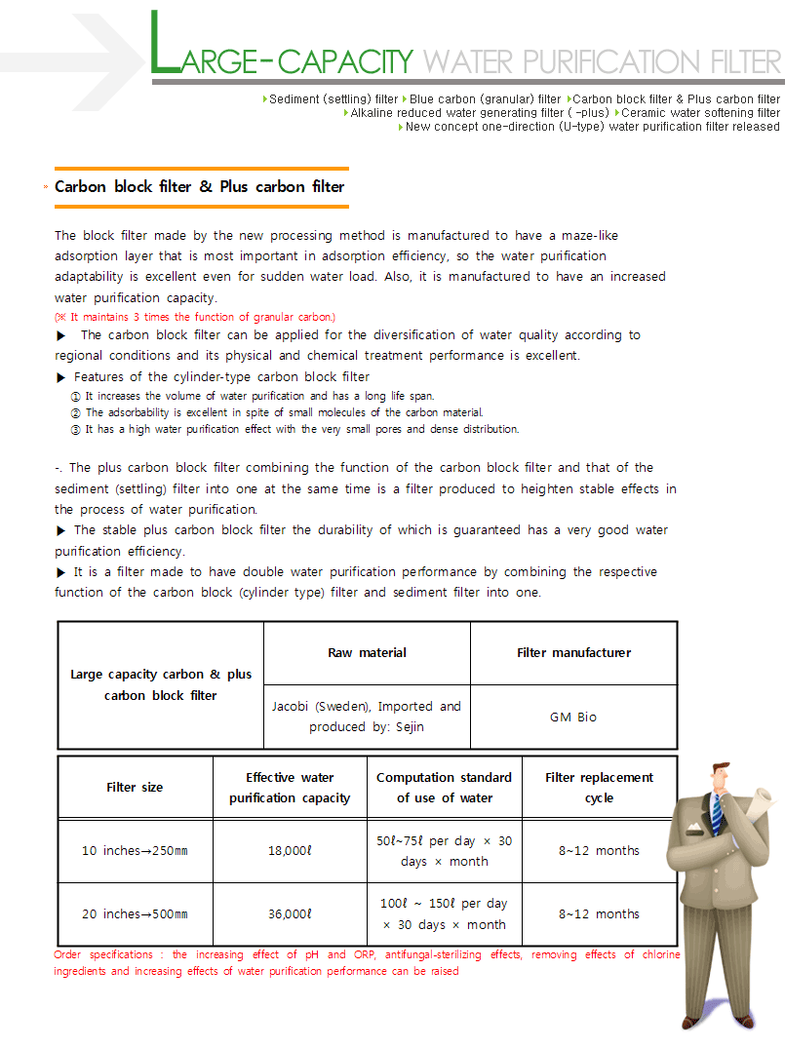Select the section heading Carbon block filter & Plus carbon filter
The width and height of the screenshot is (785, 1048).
click(200, 186)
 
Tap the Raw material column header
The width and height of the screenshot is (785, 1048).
click(367, 653)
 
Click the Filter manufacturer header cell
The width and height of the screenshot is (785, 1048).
click(573, 653)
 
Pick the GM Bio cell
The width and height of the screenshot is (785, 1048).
click(573, 717)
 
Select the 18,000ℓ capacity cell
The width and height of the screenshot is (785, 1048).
click(290, 851)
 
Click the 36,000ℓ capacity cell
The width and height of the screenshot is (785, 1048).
click(290, 914)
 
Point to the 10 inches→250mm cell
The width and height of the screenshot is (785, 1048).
click(135, 851)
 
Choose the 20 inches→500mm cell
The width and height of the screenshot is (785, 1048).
click(135, 914)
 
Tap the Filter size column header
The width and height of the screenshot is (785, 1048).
click(135, 788)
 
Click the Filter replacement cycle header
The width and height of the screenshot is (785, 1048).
click(599, 788)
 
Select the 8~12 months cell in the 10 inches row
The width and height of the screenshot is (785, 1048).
click(599, 851)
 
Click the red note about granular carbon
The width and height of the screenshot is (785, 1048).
click(195, 317)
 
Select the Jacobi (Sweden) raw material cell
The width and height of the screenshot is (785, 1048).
click(367, 717)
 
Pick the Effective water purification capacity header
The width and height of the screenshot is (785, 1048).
click(290, 788)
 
